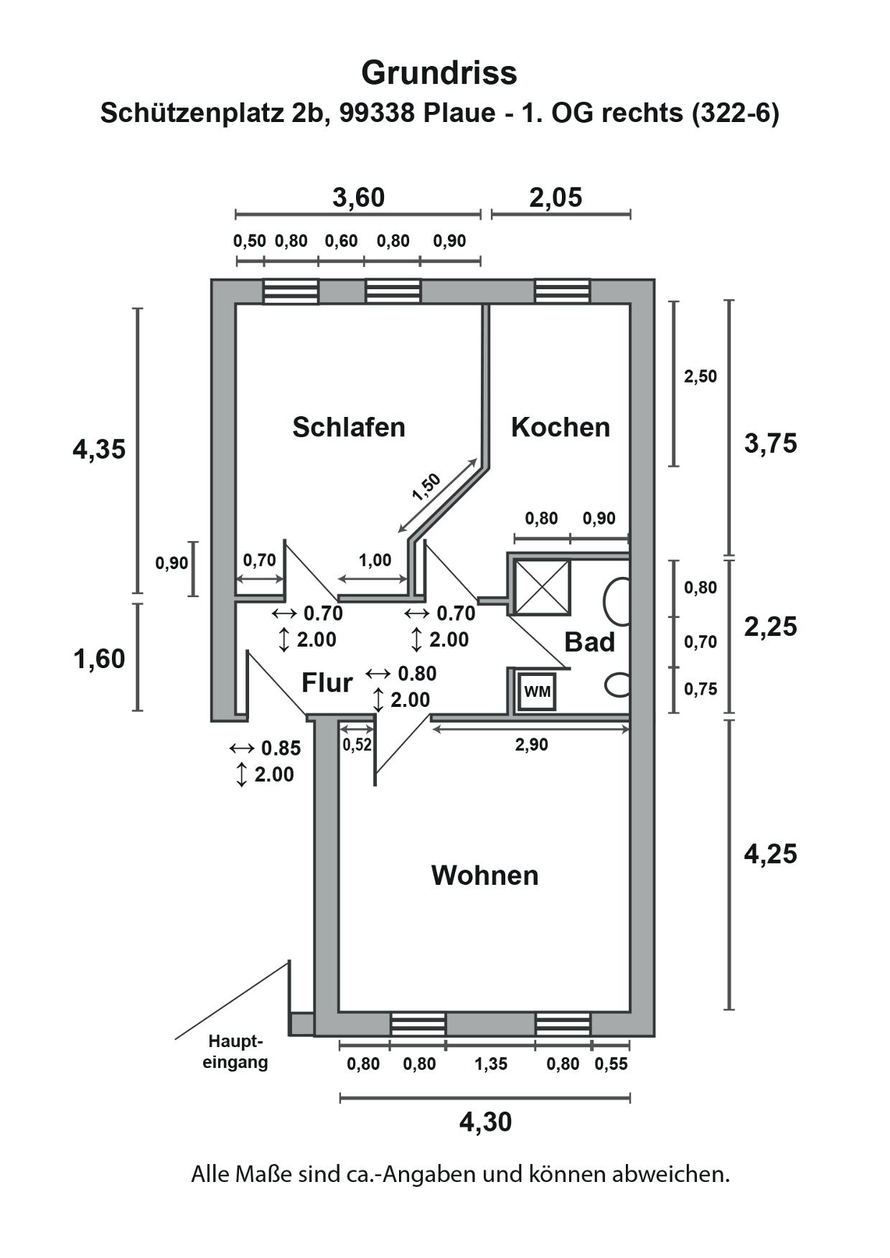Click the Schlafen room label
(x=349, y=427)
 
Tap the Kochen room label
(x=561, y=427)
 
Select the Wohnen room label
(x=485, y=876)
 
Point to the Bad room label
(x=590, y=642)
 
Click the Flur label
(x=327, y=683)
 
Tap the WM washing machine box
(x=537, y=692)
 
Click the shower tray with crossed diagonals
(x=543, y=588)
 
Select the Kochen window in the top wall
(x=563, y=291)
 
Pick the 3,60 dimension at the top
(x=359, y=197)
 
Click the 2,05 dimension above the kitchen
(x=556, y=197)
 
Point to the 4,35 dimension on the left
(x=99, y=450)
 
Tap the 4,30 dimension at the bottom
(x=486, y=1122)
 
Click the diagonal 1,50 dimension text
(x=426, y=487)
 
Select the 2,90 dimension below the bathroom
(x=532, y=745)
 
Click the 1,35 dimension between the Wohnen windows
(x=491, y=1064)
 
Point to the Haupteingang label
(x=235, y=1051)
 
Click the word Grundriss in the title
(x=439, y=72)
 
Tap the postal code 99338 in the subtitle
(x=375, y=113)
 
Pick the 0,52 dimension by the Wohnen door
(x=357, y=744)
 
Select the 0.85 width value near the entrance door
(x=281, y=748)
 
